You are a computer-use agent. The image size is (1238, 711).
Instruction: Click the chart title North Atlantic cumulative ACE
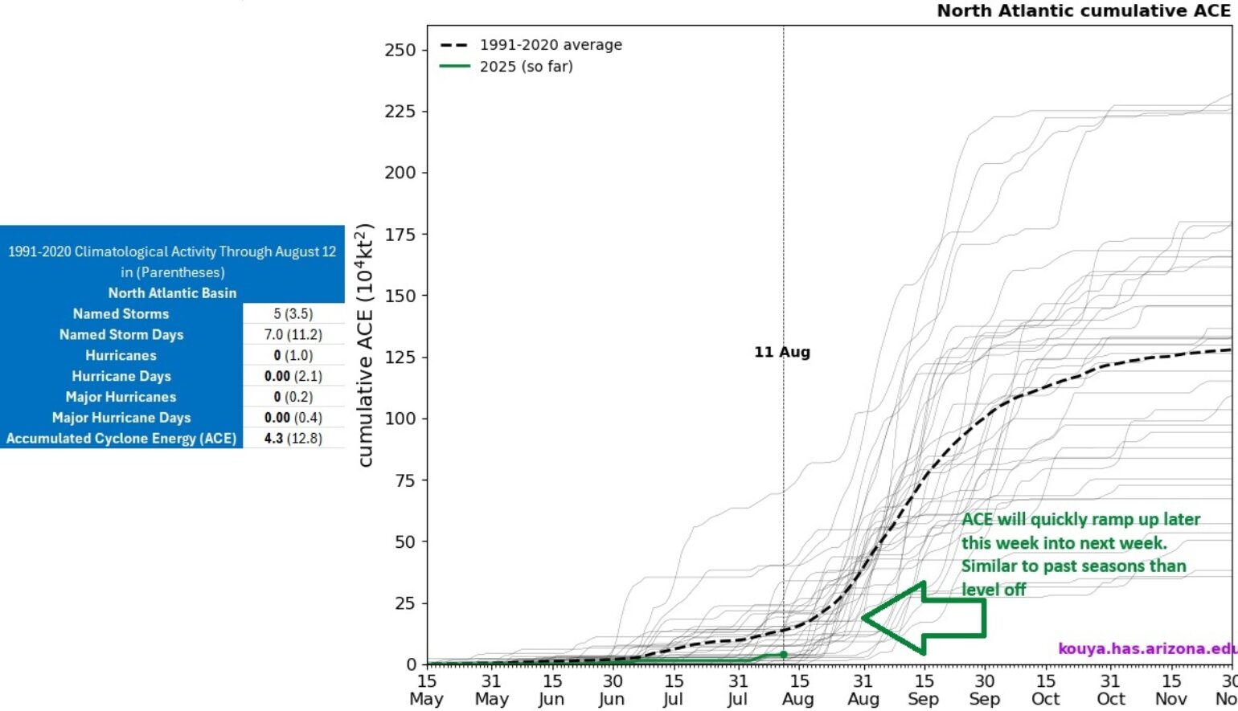[1083, 10]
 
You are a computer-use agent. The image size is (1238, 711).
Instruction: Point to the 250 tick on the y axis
[400, 50]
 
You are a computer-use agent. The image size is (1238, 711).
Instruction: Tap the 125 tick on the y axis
[400, 357]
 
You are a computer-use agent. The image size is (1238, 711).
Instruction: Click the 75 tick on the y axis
[404, 480]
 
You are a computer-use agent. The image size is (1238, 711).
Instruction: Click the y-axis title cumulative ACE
[366, 345]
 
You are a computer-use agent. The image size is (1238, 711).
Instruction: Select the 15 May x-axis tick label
[426, 690]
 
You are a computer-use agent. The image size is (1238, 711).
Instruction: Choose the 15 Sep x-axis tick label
[924, 690]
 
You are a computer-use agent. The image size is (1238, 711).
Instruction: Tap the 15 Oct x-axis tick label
[1046, 690]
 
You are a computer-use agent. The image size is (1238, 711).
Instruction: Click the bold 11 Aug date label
[781, 352]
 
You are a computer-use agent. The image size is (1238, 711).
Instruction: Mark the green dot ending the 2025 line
[784, 655]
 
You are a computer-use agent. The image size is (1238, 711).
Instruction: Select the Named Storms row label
[121, 314]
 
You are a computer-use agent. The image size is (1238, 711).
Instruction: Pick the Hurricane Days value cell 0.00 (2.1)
[293, 376]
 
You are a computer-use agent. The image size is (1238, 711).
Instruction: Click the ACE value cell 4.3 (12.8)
[293, 439]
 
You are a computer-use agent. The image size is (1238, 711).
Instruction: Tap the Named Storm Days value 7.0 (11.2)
[293, 335]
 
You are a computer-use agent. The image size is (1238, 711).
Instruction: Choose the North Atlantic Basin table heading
[172, 293]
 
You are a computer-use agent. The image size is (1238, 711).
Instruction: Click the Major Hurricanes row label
[121, 397]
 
